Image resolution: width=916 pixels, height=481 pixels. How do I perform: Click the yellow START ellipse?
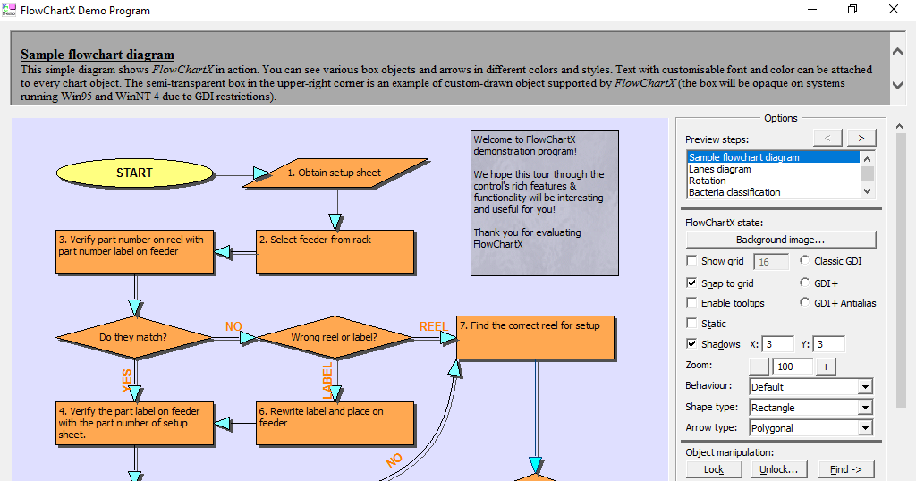pos(134,173)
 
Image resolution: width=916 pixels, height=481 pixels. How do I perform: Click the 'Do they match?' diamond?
pos(133,337)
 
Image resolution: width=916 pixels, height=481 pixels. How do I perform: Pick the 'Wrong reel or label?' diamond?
pos(334,337)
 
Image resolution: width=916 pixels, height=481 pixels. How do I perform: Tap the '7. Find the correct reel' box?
pos(535,337)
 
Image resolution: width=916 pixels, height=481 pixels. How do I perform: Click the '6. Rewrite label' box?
pos(335,423)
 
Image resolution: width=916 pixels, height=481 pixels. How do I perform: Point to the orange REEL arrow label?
pos(433,326)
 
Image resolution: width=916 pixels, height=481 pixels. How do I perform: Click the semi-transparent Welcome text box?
pos(544,202)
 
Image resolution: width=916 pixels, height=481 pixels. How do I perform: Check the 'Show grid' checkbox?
pos(691,261)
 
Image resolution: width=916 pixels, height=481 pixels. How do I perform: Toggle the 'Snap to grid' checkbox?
pos(691,283)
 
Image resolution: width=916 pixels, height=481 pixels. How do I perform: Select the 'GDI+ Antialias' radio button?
pos(804,303)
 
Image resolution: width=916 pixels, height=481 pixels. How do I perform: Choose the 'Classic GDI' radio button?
pos(804,261)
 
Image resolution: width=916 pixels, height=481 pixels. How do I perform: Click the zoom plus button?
pos(826,367)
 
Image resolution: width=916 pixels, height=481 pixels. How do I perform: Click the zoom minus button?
pos(759,367)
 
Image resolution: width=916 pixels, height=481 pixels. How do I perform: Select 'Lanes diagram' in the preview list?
pos(720,169)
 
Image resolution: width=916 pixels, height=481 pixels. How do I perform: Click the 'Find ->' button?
pos(845,469)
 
